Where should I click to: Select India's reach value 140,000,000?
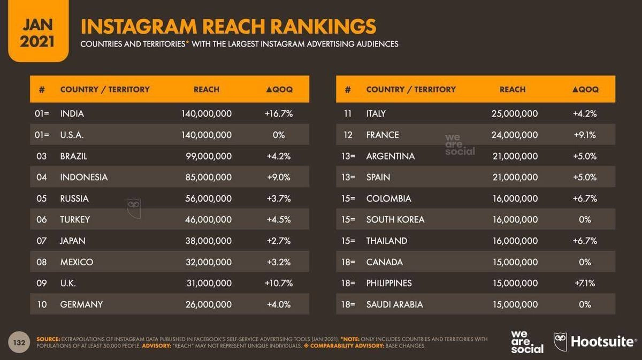207,113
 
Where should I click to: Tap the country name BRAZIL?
74,156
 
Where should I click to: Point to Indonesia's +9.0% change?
279,177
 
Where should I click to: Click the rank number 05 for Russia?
42,198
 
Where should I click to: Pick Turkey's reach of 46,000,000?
207,219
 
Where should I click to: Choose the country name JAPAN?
73,241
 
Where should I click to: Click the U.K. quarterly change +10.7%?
279,283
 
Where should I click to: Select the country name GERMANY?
81,304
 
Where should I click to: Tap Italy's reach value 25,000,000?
515,113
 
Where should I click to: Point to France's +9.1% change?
585,135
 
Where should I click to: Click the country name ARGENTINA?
390,156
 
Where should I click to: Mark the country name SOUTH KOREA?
395,219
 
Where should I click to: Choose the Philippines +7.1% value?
585,283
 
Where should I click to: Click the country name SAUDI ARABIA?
394,304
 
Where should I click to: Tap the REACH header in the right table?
513,89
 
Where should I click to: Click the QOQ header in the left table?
279,89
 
